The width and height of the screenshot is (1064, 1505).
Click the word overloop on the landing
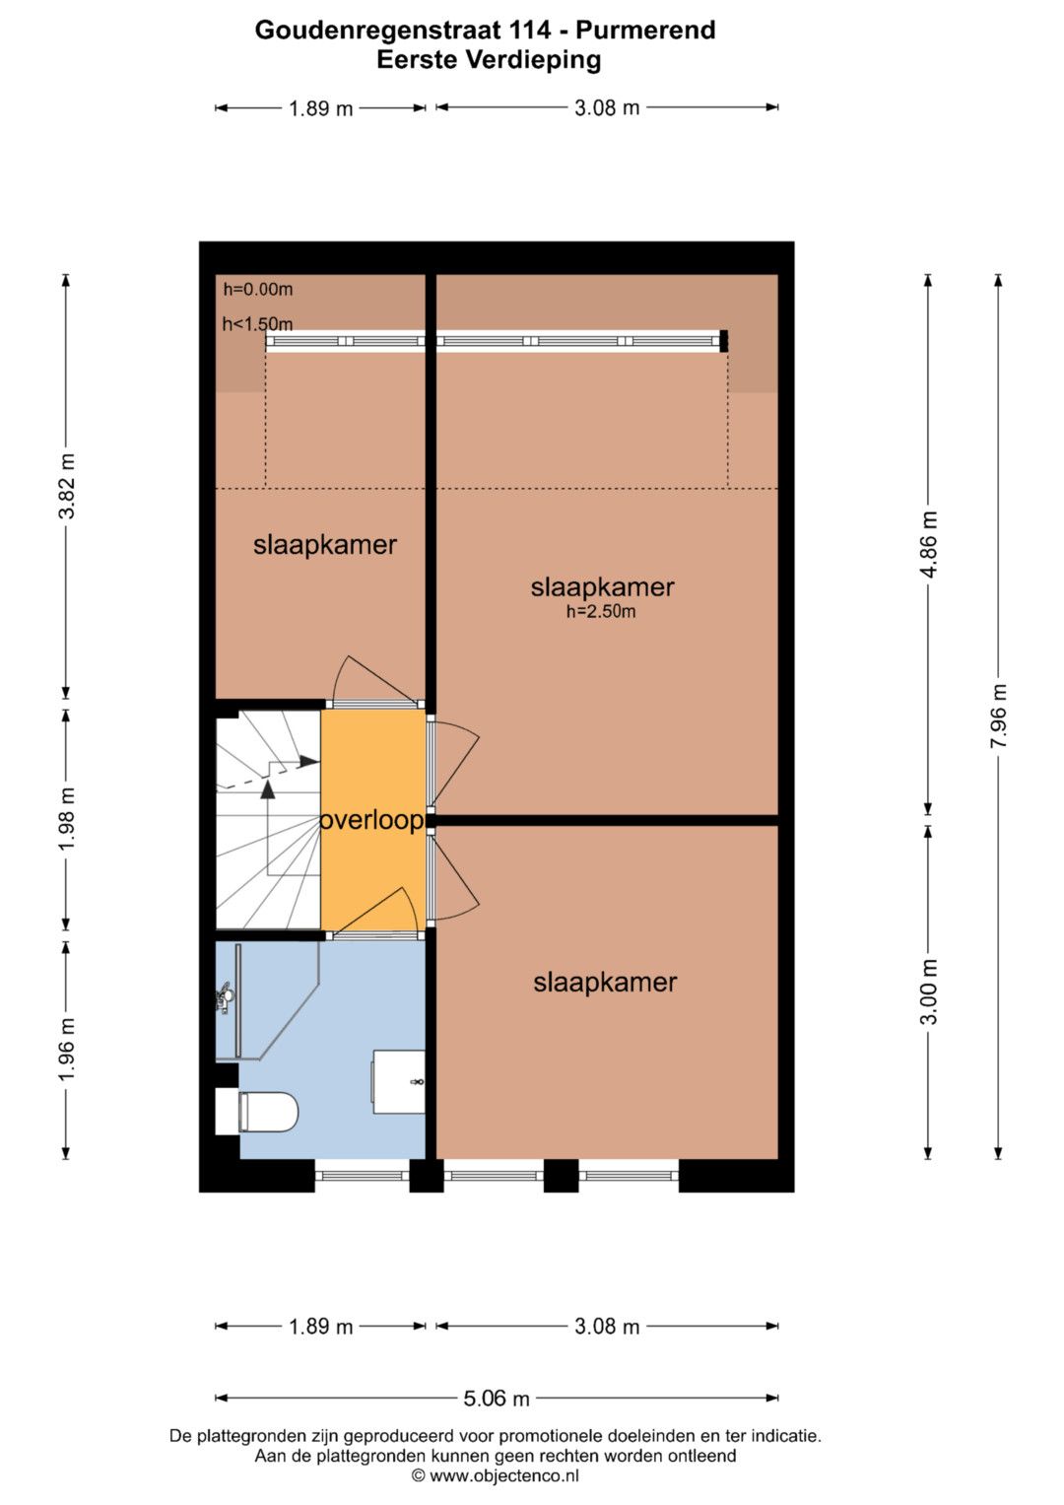(371, 820)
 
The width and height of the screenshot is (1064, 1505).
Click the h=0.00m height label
(258, 290)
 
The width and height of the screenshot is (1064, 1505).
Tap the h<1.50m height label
(258, 324)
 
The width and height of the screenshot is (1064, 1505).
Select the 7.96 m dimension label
(999, 717)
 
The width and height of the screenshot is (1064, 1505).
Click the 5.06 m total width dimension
(497, 1399)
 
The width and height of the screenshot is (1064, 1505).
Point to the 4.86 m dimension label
(929, 544)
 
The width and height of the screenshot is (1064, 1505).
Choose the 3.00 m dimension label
(929, 992)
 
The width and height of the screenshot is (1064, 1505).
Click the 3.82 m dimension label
(67, 486)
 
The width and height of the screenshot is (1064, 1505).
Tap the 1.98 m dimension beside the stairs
(67, 818)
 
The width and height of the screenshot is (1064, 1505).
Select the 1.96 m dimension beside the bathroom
(67, 1049)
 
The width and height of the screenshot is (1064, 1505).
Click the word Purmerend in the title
(646, 31)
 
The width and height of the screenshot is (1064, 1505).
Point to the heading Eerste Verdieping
(489, 60)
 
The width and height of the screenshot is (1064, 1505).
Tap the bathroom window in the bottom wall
(363, 1175)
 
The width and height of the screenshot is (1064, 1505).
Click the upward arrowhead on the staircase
(268, 789)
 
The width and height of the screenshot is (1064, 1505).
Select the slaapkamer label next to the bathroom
(605, 983)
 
